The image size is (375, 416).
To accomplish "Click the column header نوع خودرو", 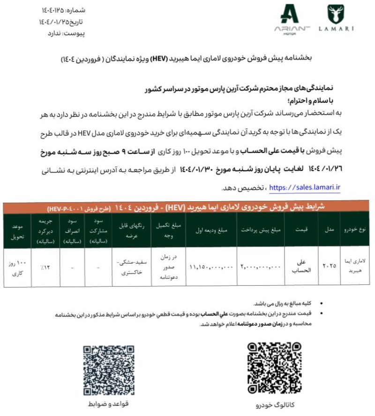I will click(x=357, y=230).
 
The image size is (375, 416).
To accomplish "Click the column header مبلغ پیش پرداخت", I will click(x=261, y=230).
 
